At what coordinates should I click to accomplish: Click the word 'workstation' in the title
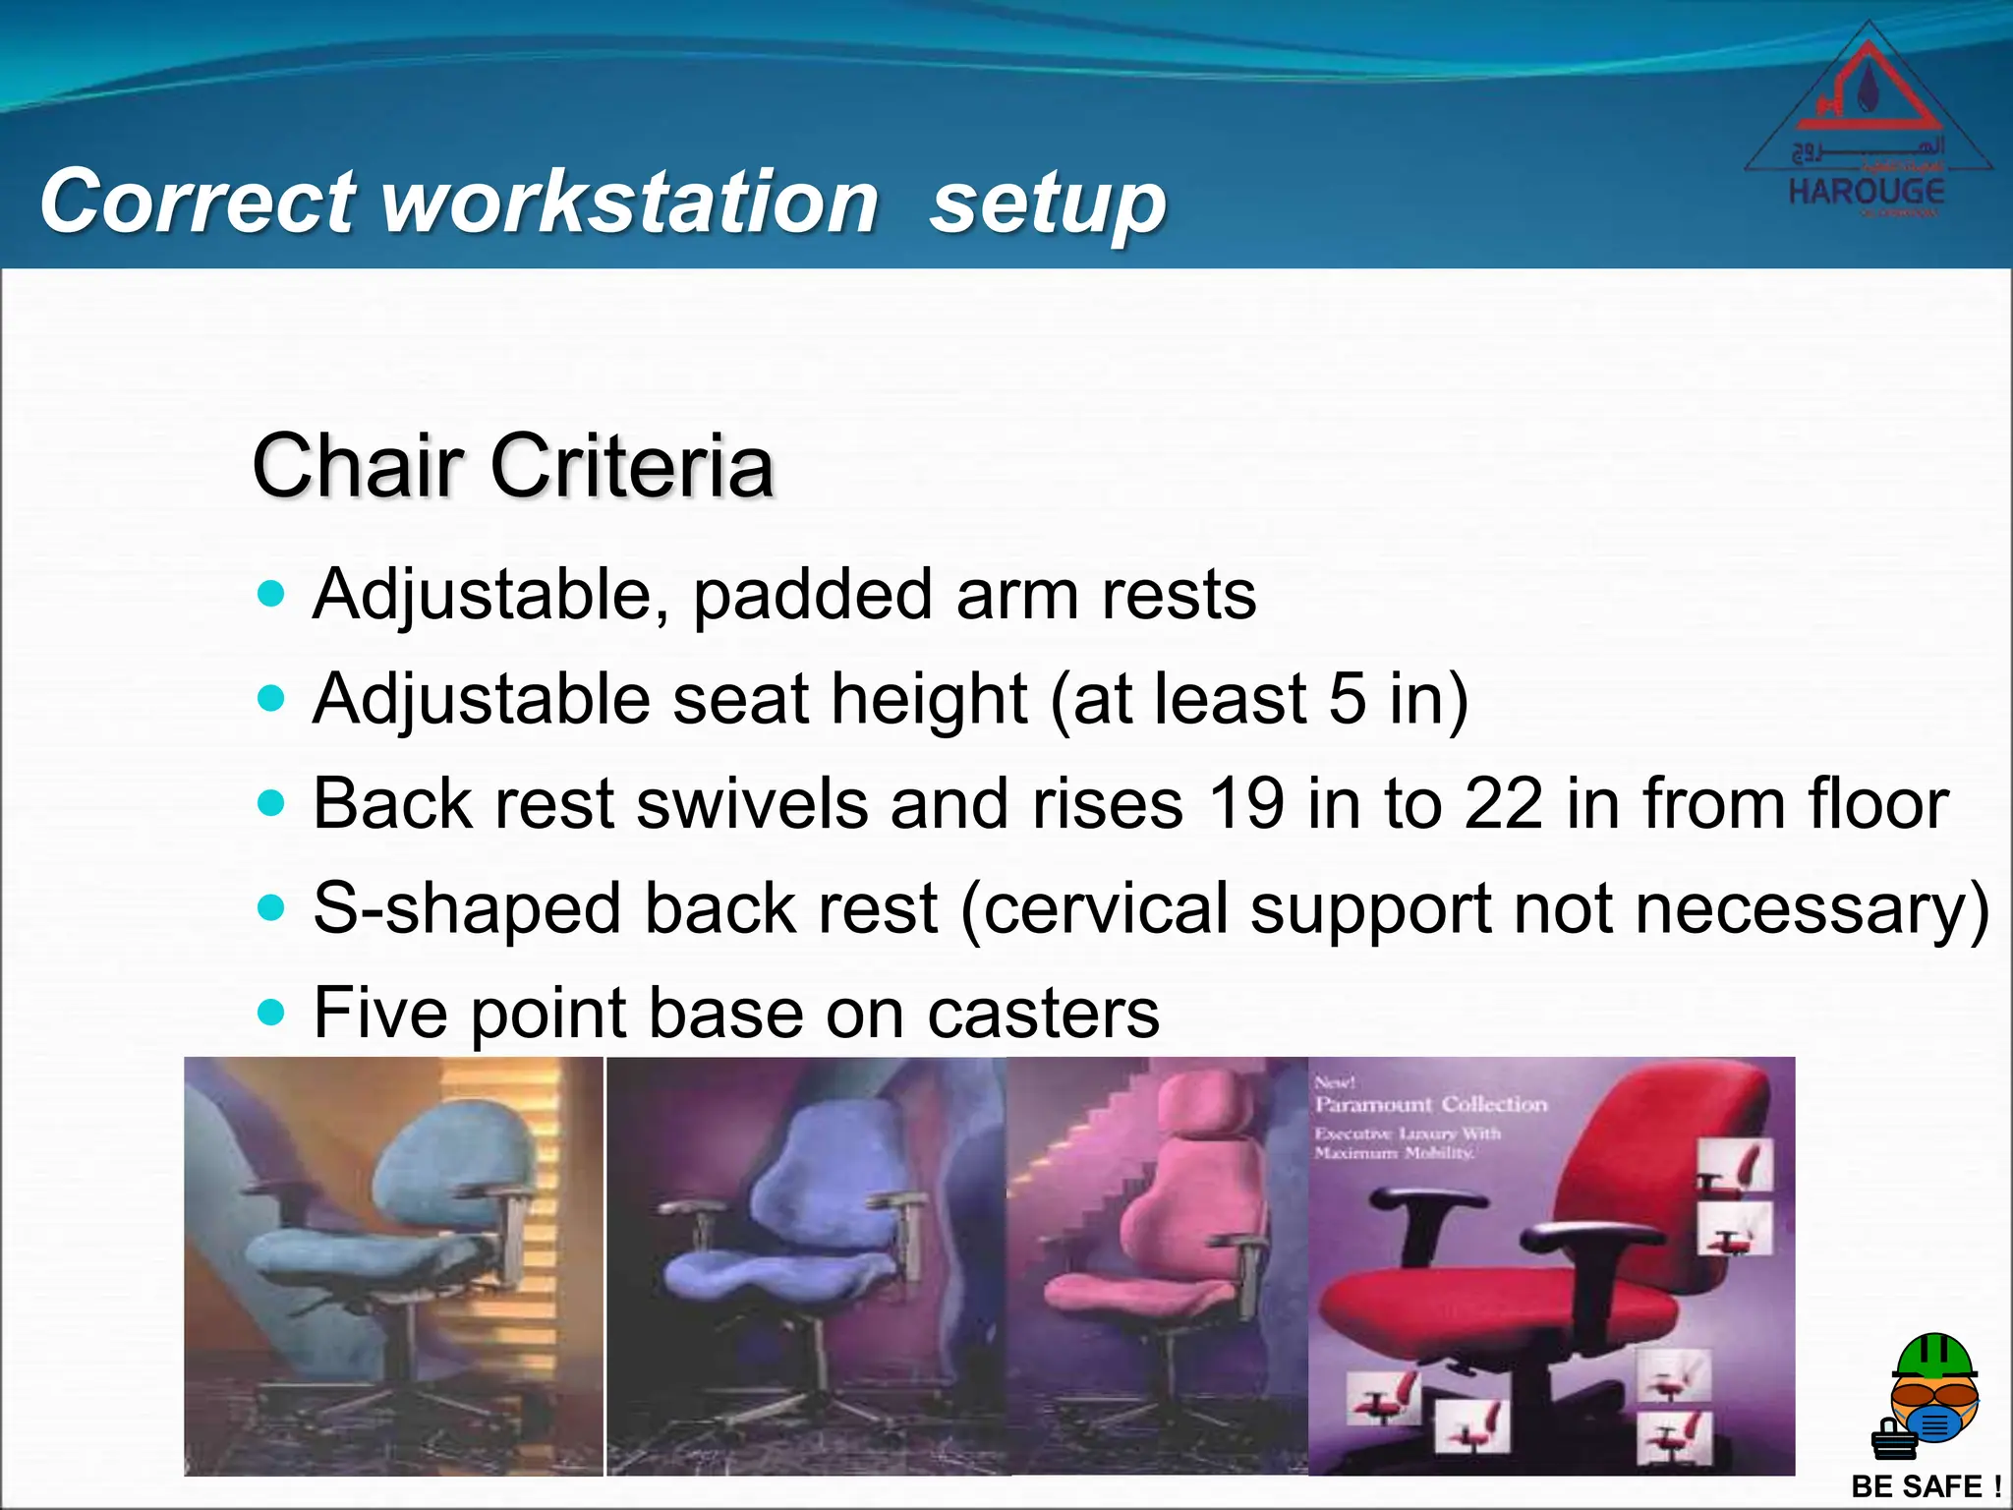tap(629, 202)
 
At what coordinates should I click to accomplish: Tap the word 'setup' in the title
tap(1048, 203)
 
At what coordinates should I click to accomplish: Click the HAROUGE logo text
tap(1867, 191)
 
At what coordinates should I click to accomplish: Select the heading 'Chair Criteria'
tap(513, 465)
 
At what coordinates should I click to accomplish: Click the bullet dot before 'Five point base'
tap(270, 1012)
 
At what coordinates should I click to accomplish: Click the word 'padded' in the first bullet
tap(813, 595)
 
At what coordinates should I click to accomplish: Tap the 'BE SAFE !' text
tap(1926, 1486)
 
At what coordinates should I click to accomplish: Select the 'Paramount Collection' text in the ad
tap(1431, 1105)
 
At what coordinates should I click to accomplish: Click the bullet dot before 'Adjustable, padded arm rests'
tap(270, 594)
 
